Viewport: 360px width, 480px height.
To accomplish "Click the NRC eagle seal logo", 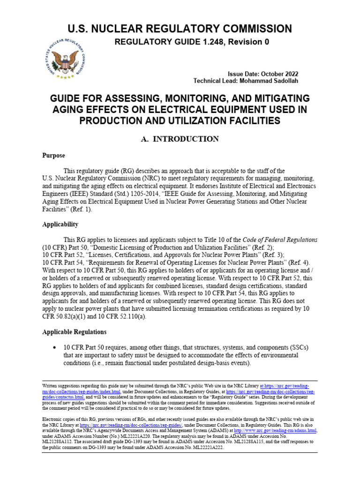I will (66, 58).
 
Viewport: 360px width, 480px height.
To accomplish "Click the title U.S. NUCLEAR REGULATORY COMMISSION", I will (180, 29).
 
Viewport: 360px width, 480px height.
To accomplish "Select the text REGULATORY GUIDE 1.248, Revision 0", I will (192, 42).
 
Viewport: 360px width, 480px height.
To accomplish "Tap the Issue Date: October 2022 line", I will (262, 74).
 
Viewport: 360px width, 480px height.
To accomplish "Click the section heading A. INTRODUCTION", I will (180, 139).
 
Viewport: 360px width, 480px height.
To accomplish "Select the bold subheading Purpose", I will (53, 156).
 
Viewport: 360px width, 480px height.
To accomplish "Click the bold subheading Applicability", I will (60, 225).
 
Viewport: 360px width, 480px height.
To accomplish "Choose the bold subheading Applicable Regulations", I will (74, 332).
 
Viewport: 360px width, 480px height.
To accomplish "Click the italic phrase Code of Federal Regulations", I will (280, 239).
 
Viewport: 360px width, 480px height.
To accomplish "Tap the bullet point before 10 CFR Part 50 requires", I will (56, 347).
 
